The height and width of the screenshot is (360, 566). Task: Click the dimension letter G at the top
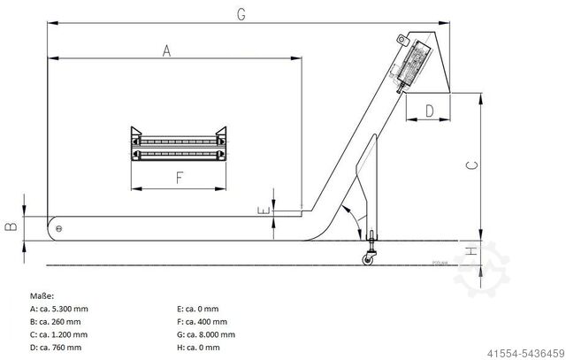[x=241, y=13]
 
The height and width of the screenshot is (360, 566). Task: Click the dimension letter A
[x=165, y=51]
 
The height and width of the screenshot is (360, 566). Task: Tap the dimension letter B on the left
[x=11, y=226]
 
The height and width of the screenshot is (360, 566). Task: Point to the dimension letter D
[x=429, y=111]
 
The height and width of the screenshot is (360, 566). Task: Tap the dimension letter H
[x=471, y=252]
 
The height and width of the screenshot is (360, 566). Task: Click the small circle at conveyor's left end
[x=59, y=230]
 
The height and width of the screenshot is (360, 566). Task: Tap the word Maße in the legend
[x=42, y=295]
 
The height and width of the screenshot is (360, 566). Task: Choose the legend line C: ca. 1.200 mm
[x=59, y=335]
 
